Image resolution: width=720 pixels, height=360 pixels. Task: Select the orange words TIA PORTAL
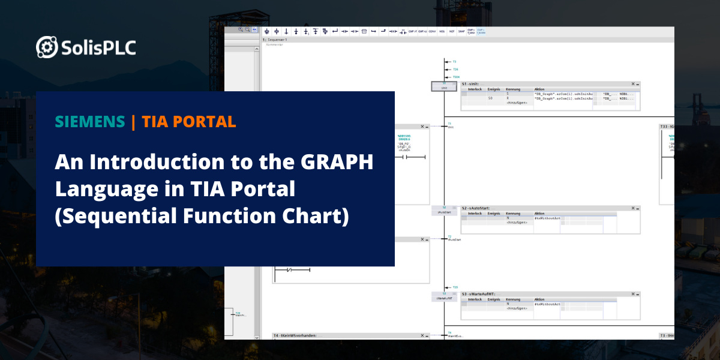pos(189,122)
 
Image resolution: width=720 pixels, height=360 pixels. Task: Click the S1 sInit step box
pos(444,87)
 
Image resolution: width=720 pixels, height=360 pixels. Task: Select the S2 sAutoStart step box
pos(444,211)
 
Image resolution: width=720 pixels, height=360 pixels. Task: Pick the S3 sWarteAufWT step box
pos(444,296)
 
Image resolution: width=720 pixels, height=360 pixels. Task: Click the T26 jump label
pos(455,70)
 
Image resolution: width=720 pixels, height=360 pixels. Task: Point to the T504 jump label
pos(456,77)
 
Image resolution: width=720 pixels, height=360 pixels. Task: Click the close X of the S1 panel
pos(633,85)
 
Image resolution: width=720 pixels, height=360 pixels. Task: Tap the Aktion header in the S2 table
pos(539,213)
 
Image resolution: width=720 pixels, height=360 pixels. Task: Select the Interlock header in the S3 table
pos(475,299)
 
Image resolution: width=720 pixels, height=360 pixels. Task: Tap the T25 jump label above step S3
pos(455,287)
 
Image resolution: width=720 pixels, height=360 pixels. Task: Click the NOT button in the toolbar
pos(451,31)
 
